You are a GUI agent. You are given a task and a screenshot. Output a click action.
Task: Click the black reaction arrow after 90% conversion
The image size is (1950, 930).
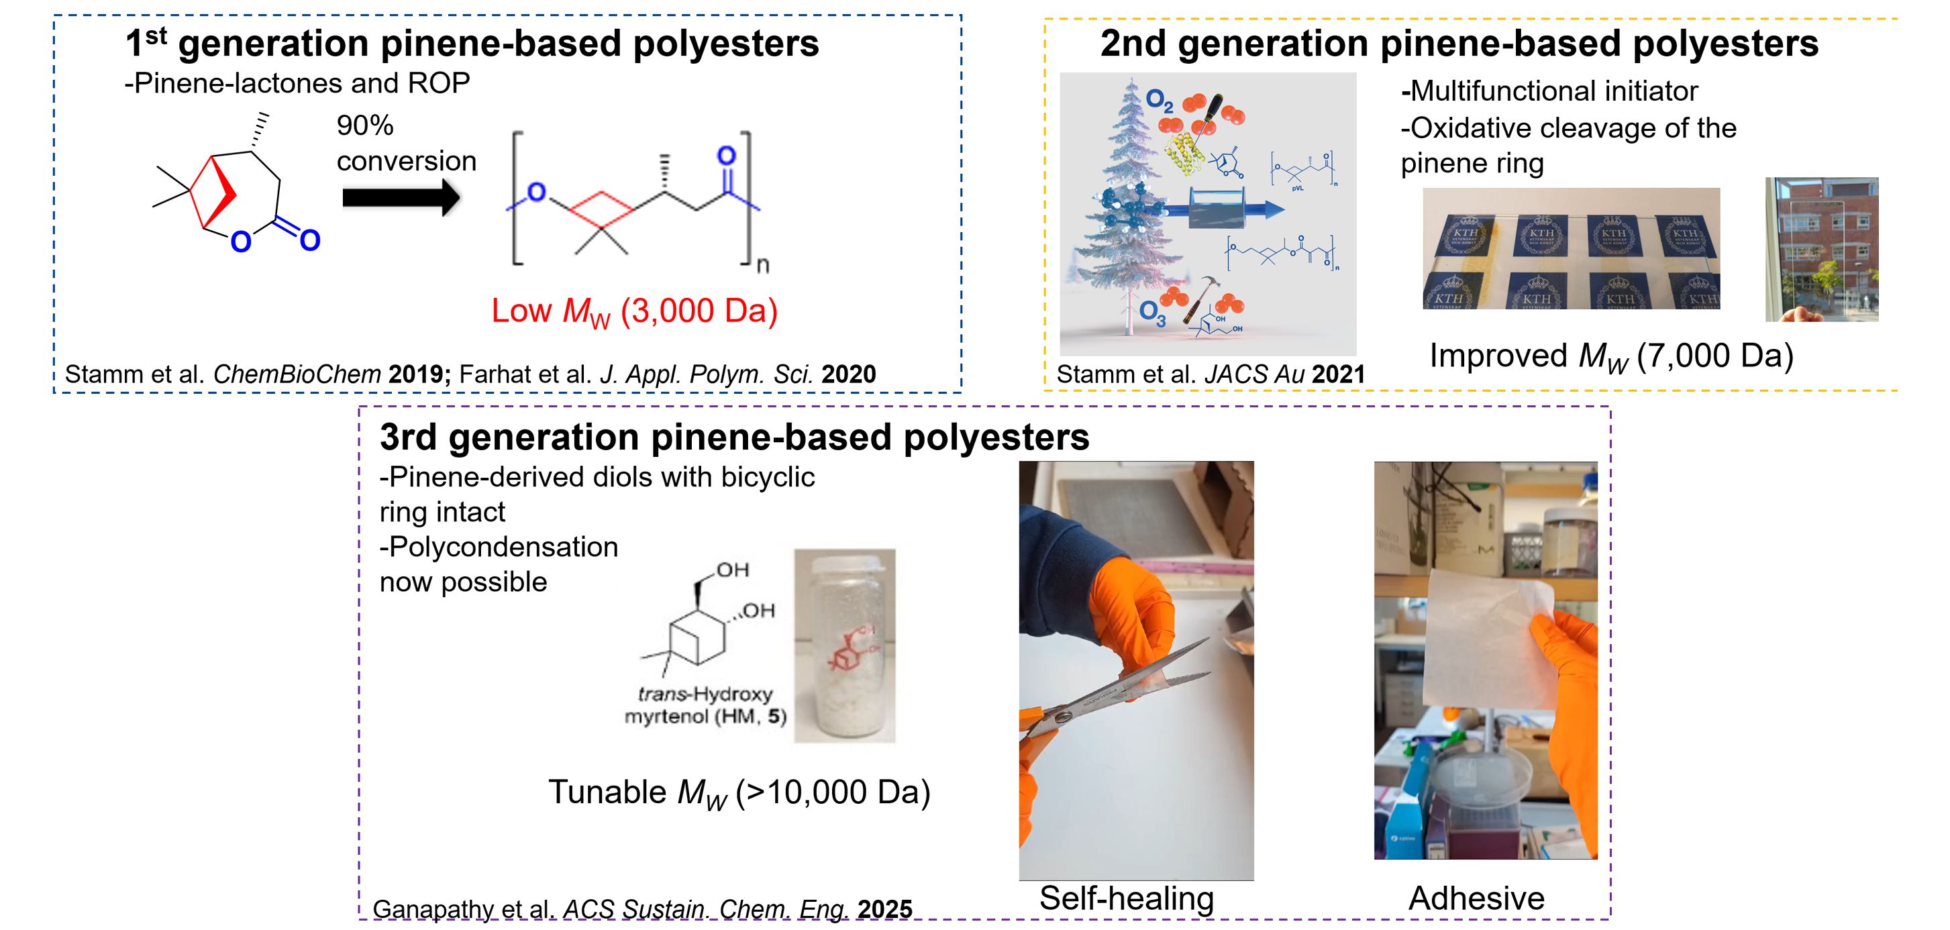[401, 198]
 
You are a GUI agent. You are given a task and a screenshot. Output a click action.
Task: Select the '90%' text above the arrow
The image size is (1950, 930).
[365, 125]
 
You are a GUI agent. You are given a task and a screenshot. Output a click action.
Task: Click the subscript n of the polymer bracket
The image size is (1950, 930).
[762, 266]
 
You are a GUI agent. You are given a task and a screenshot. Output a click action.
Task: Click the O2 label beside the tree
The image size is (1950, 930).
[1158, 100]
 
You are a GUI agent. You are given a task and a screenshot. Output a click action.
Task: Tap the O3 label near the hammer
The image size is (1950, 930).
[1152, 312]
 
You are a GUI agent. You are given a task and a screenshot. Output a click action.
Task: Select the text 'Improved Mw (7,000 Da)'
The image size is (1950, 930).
[1611, 356]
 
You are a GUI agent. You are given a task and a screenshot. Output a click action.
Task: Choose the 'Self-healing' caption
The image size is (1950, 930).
[1127, 898]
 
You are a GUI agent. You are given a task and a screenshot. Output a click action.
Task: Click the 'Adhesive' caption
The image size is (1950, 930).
[1476, 898]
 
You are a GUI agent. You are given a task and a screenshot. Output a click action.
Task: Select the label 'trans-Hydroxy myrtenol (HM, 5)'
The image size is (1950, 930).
[705, 705]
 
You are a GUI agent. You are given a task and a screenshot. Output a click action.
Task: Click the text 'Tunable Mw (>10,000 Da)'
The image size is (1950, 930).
[739, 792]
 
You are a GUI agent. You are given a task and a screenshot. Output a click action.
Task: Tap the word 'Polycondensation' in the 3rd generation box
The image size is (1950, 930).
[503, 547]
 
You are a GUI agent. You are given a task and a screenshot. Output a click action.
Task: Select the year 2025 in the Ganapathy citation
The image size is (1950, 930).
[884, 909]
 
